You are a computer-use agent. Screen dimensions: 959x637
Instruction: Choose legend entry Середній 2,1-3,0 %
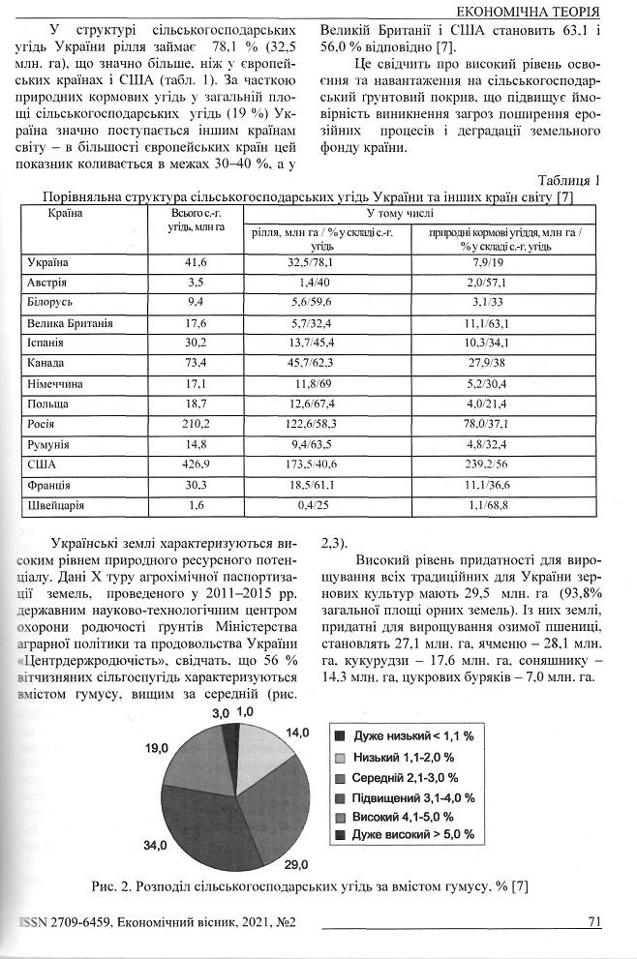tap(406, 777)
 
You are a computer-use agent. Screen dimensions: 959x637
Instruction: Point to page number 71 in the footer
tap(595, 921)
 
